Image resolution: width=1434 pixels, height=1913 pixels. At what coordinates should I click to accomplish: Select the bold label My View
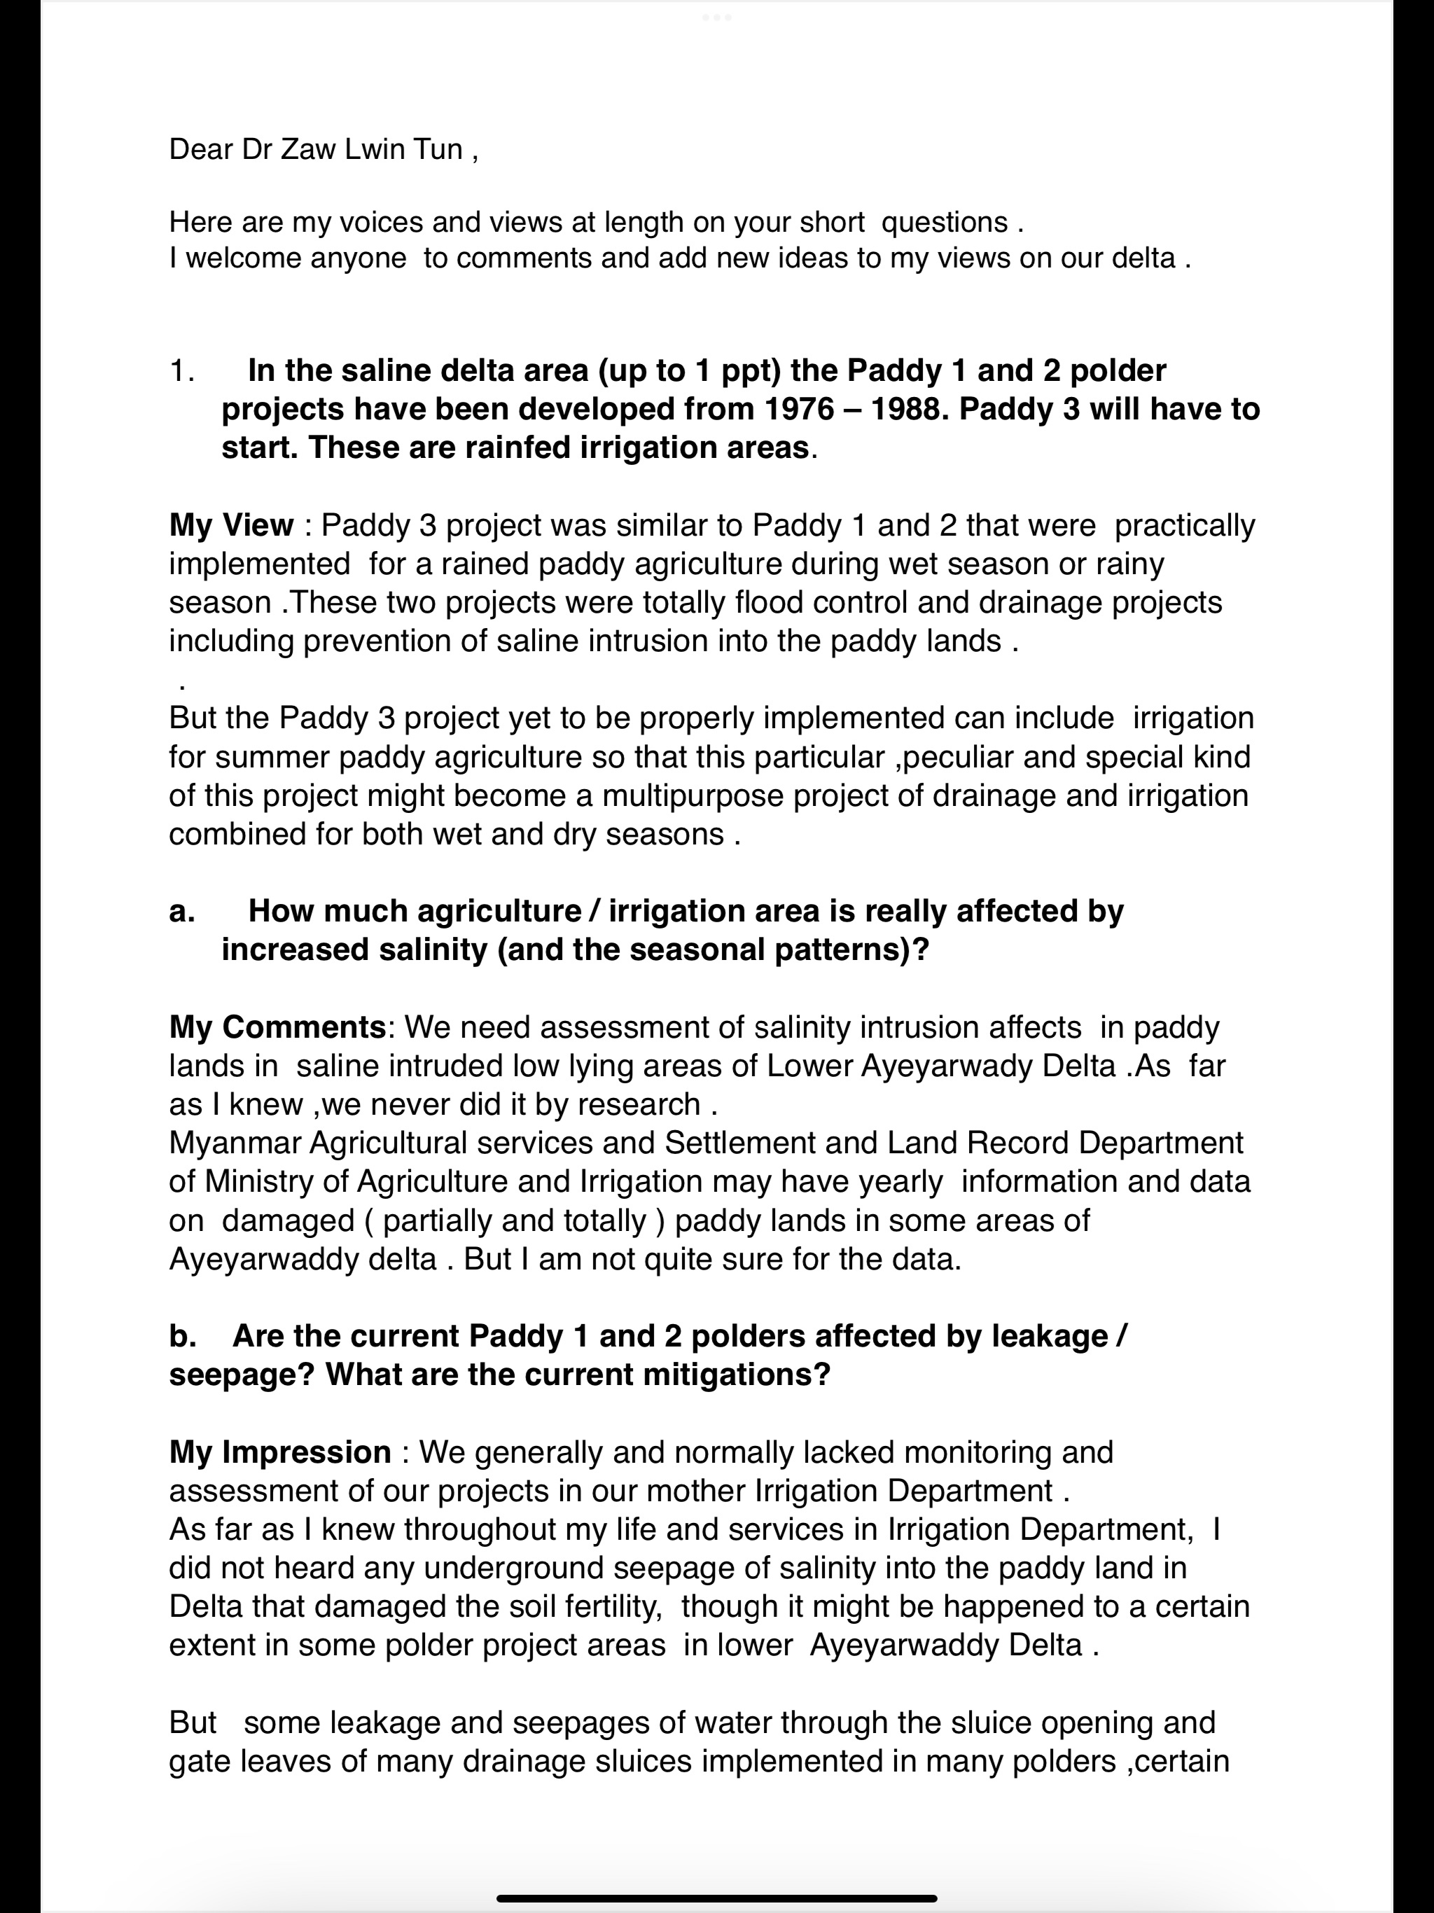(231, 525)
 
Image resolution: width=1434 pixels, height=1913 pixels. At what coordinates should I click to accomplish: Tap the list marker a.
(181, 912)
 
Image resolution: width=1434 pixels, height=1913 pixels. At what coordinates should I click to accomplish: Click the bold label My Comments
(277, 1027)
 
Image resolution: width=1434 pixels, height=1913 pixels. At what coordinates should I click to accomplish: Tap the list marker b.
(181, 1336)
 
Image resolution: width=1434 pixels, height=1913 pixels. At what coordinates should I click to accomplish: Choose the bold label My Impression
(279, 1452)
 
